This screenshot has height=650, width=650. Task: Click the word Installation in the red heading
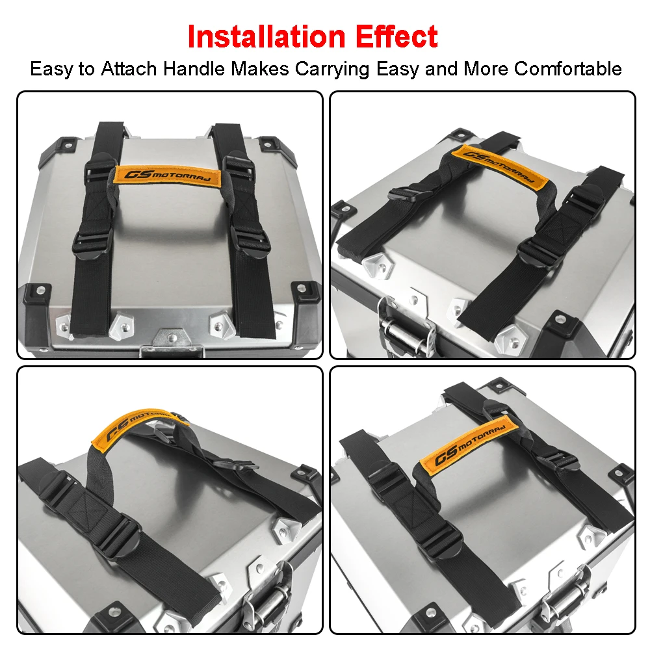point(266,37)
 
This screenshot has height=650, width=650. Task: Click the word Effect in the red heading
point(396,37)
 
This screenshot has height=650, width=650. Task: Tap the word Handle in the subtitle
point(194,69)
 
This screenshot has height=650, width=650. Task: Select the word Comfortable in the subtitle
point(568,69)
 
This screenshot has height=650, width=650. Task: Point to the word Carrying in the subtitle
point(332,70)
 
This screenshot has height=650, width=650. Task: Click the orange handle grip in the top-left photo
point(168,175)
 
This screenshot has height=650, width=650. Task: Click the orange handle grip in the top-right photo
point(499,164)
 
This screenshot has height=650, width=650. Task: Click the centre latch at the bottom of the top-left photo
point(172,343)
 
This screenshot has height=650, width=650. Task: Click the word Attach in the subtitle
point(129,69)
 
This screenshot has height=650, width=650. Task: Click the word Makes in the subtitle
point(260,69)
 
